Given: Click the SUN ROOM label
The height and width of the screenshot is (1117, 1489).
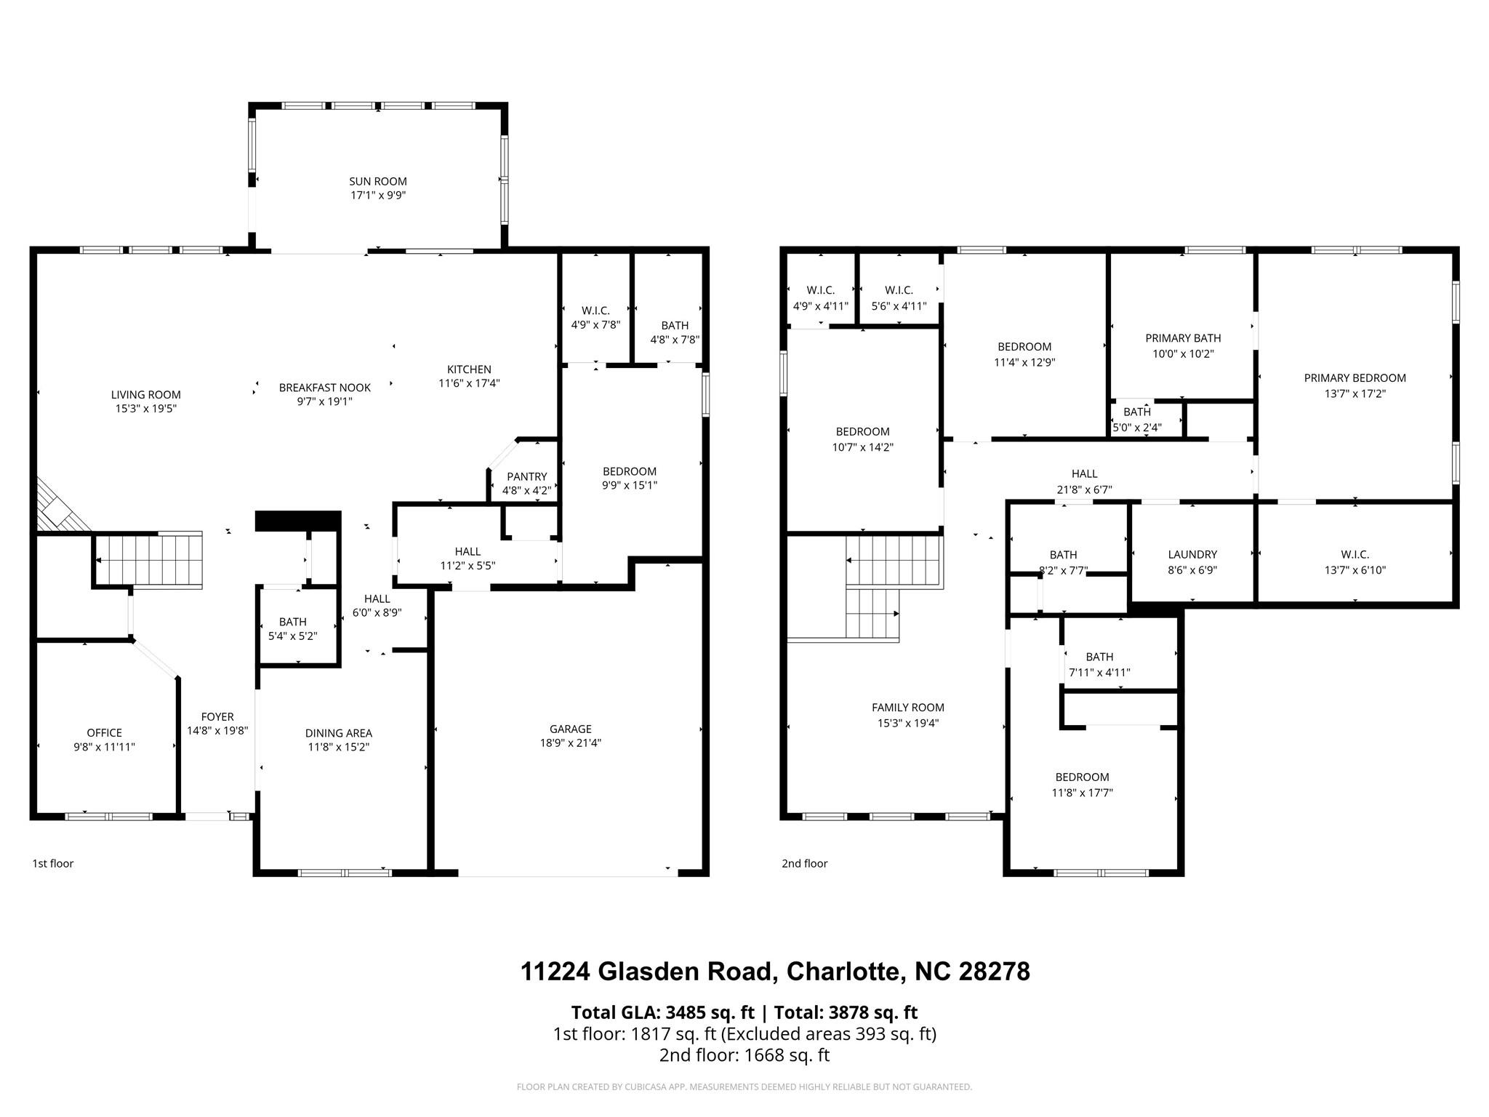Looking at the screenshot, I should [377, 181].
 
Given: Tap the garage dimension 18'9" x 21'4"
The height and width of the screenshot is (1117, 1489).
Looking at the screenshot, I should [570, 742].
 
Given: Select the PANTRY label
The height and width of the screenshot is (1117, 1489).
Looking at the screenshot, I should [526, 476].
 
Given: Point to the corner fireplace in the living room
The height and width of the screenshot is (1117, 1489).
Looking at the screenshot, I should [58, 506].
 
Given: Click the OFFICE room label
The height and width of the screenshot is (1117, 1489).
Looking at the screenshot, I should [104, 732].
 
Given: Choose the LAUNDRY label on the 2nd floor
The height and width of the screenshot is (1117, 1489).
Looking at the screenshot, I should [1192, 554].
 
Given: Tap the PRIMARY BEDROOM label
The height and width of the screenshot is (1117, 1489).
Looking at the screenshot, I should [1354, 377].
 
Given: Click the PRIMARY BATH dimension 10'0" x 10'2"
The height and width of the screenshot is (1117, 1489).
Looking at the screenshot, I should [1183, 354].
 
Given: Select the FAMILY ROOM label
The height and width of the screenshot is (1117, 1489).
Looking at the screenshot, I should [907, 707].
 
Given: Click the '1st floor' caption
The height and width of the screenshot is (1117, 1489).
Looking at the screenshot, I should [53, 863].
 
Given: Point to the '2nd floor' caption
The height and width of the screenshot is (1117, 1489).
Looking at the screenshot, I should [804, 863].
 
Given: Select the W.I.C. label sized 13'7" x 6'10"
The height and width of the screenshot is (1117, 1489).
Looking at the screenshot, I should [1354, 554].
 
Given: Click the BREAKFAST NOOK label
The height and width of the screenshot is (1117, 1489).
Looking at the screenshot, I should [324, 388].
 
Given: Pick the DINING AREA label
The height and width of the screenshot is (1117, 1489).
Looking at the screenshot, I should [338, 733].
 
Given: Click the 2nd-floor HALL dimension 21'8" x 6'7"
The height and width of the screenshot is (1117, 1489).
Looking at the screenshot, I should [1083, 490].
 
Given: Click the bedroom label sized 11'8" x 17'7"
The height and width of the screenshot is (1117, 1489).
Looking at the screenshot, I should [1082, 777].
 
